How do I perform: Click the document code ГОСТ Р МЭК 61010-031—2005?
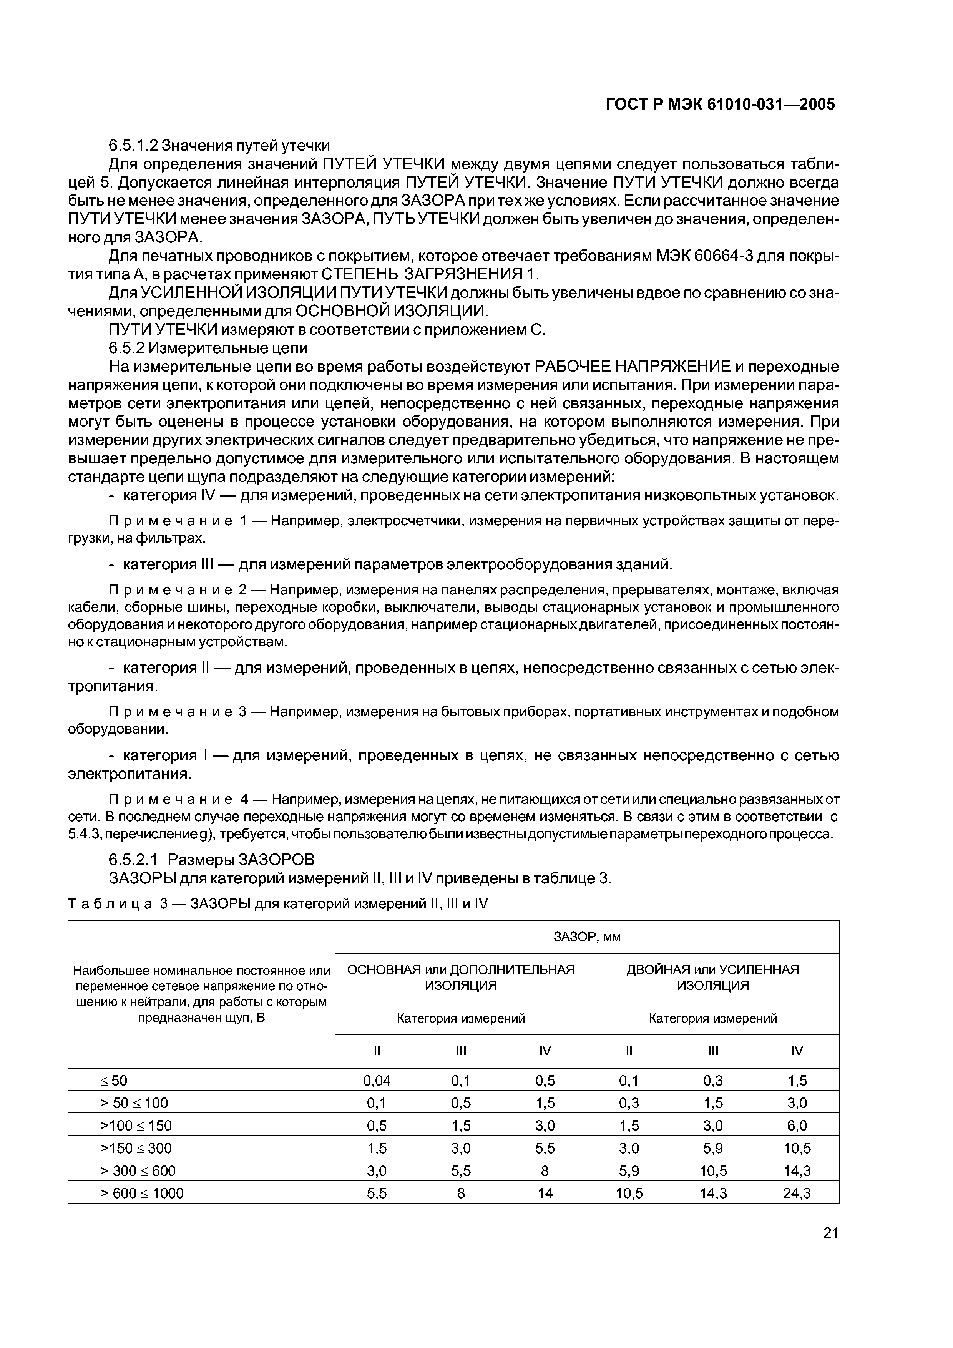pos(719,105)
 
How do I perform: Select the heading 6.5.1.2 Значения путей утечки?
pos(219,145)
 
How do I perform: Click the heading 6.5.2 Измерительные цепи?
pos(208,348)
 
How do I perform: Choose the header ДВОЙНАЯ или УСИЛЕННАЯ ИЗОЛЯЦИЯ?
pos(712,978)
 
